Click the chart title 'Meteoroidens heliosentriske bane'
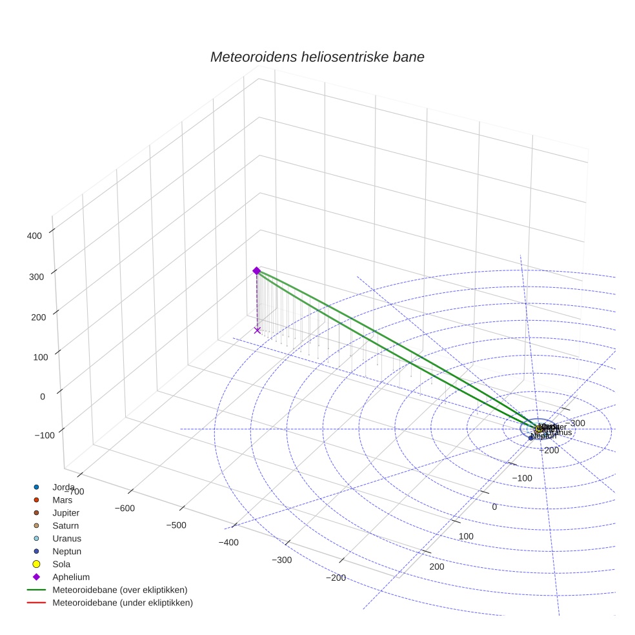317,57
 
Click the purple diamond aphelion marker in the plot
256,270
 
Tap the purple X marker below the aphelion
257,330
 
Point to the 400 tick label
34,236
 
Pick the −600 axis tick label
125,508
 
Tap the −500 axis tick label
176,525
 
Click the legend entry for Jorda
63,487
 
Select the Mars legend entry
62,500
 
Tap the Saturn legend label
66,526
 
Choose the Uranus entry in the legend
66,538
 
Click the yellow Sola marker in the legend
36,564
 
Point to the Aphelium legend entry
70,577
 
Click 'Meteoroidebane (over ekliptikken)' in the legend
120,590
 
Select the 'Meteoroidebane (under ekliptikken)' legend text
123,603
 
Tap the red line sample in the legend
36,603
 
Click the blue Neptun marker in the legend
36,551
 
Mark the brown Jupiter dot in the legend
36,512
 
